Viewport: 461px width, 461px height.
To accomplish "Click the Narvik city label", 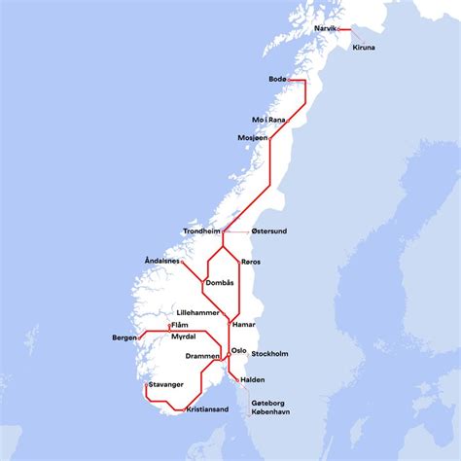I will (x=325, y=29).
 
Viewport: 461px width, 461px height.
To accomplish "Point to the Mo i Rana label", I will (x=269, y=120).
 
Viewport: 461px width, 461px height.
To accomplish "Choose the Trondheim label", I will (x=201, y=231).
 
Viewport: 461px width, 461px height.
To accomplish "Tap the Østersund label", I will (x=269, y=231).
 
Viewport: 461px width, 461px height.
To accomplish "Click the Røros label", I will (x=250, y=262).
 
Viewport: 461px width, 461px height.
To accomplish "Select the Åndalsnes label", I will (x=162, y=262).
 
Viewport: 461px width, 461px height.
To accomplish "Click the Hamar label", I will (x=244, y=322).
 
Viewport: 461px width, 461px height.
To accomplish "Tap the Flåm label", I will (x=179, y=326).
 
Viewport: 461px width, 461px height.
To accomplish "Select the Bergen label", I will (x=124, y=337).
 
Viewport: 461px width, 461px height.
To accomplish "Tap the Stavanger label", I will (x=166, y=384).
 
